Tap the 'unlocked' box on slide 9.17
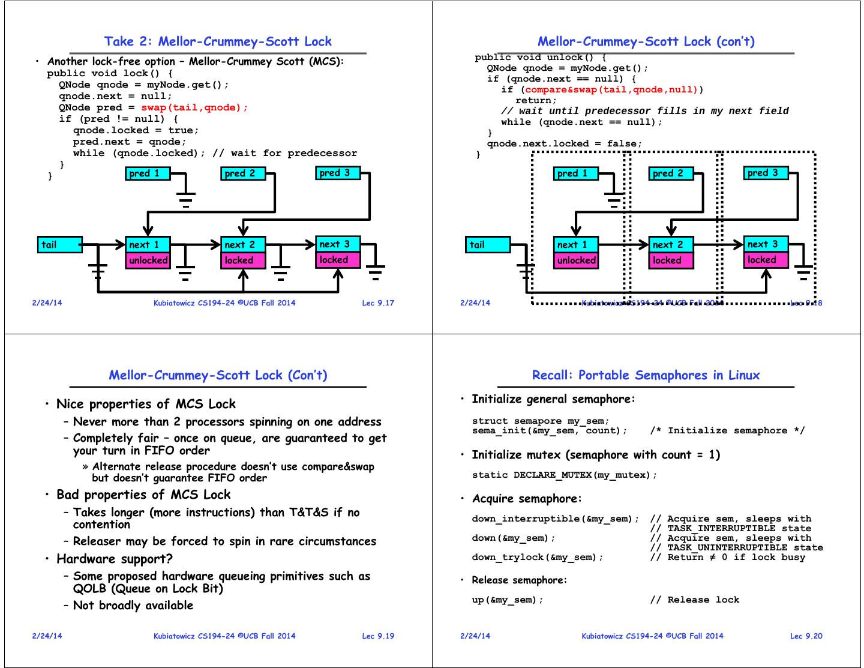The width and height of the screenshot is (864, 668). click(148, 260)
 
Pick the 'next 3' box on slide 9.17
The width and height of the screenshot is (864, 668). click(338, 244)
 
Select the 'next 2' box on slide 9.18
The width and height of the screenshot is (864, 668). click(671, 244)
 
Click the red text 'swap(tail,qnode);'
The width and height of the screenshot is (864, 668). click(194, 107)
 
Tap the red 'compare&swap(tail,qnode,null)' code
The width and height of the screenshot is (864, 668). click(611, 89)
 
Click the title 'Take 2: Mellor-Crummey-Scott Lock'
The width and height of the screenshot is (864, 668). click(218, 41)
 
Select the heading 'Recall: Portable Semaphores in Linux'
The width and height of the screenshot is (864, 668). click(646, 375)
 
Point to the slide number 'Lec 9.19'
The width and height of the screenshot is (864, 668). click(378, 636)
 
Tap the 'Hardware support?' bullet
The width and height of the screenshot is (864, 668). click(115, 559)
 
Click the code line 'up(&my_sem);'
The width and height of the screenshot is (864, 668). click(508, 600)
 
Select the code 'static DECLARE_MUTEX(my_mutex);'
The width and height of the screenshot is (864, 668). click(565, 475)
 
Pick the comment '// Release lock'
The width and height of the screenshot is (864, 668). click(695, 600)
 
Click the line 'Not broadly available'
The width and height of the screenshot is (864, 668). click(133, 605)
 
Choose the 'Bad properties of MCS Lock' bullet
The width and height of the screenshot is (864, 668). click(143, 495)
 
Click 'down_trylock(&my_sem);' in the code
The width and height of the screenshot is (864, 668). click(538, 557)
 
